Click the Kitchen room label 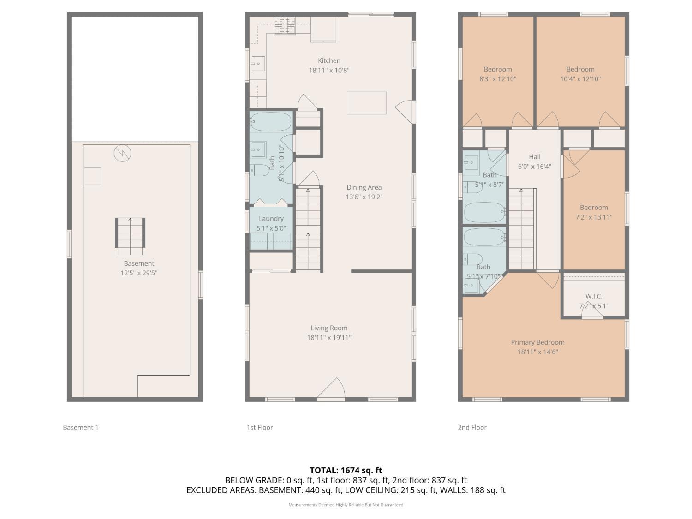[329, 60]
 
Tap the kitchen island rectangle [367, 103]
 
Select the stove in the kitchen [285, 25]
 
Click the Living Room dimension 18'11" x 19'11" [329, 338]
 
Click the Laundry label [271, 219]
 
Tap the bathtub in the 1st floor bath [271, 122]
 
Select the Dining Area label [364, 187]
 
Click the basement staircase [130, 236]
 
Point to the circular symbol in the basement [122, 153]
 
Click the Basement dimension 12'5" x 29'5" [139, 273]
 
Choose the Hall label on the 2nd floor [535, 157]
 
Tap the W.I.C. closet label [594, 296]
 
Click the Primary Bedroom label [537, 342]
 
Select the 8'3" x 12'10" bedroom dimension [498, 79]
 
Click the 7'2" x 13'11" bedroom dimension [594, 217]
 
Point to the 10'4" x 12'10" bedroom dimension [580, 79]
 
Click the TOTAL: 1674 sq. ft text [346, 471]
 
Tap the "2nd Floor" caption [472, 427]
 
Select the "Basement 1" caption [81, 427]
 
